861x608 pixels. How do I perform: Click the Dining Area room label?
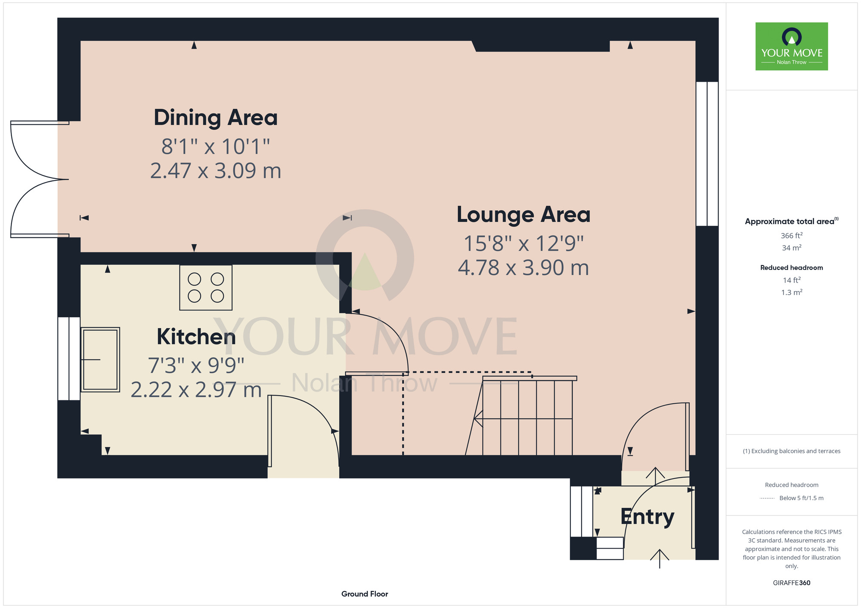[x=216, y=118]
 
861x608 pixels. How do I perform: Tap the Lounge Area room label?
[x=523, y=215]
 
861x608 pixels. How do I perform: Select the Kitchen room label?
[x=196, y=337]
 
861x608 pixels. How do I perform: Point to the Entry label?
[x=647, y=517]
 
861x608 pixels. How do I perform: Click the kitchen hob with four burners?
[x=206, y=288]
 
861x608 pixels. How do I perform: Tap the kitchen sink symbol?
[x=100, y=359]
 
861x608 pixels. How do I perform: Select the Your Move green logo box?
[x=792, y=46]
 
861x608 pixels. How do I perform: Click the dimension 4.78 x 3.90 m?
[x=523, y=268]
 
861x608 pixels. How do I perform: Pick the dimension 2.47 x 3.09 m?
[x=216, y=171]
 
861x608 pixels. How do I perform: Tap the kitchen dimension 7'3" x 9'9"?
[x=196, y=365]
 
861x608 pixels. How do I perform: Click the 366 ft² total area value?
[x=792, y=236]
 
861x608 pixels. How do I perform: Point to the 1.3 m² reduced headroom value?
[x=792, y=292]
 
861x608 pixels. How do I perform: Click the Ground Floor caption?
[x=365, y=594]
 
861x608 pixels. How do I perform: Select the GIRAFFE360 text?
[x=792, y=583]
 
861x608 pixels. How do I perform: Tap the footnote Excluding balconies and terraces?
[x=792, y=451]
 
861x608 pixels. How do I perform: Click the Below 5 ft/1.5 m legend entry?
[x=801, y=498]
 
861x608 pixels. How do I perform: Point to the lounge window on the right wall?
[x=707, y=154]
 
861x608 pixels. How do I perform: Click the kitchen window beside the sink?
[x=69, y=359]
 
